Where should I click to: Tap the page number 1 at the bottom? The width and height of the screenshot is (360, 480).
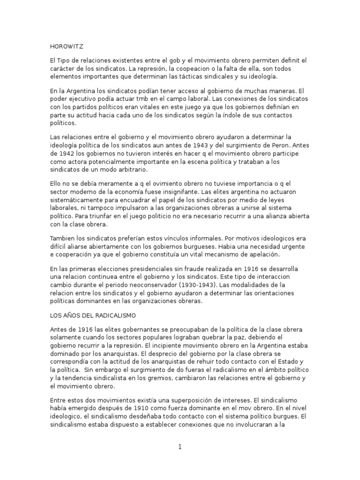[180, 447]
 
